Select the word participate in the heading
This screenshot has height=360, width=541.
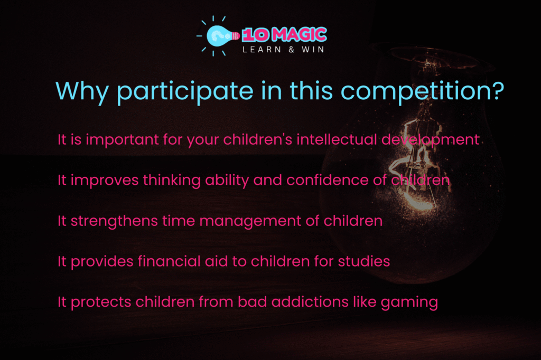(x=184, y=92)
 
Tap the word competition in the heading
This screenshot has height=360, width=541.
(x=422, y=92)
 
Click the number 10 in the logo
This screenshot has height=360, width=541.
(x=255, y=34)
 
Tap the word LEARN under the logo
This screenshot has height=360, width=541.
(x=262, y=50)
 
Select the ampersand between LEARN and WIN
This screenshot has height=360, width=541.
(x=292, y=50)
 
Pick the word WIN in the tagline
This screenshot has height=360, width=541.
(x=313, y=50)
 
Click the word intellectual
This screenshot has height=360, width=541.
(x=337, y=140)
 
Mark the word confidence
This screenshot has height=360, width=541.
(x=327, y=180)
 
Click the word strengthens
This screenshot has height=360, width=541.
(x=114, y=221)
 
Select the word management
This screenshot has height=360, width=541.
(x=250, y=221)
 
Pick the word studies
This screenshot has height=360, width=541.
(x=364, y=261)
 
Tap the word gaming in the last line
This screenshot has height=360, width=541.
(x=409, y=303)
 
